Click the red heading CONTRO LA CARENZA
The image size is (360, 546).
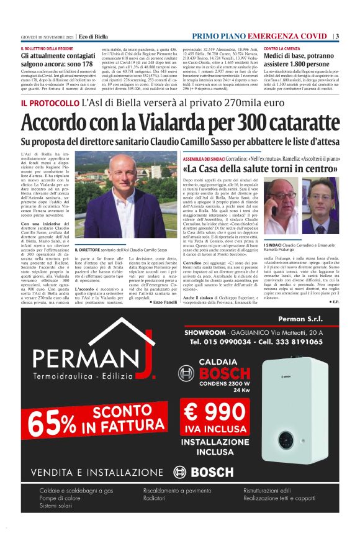(282, 48)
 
